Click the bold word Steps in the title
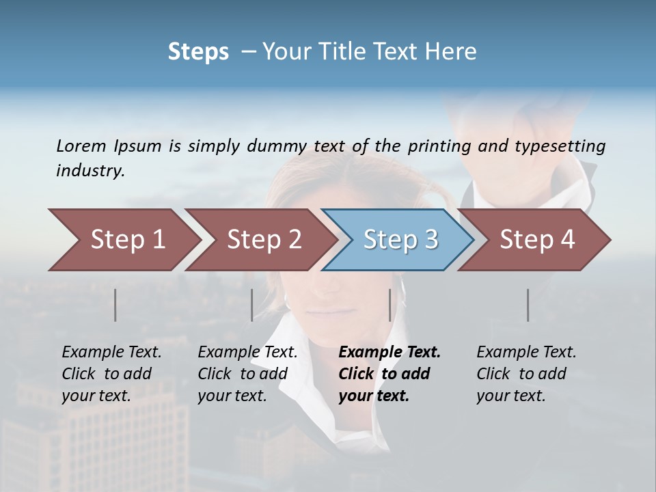pos(198,51)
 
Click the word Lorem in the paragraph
pos(81,146)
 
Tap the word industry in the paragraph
pos(90,170)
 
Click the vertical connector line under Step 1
pos(115,305)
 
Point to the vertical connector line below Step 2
pos(252,305)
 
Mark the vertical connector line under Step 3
pos(389,305)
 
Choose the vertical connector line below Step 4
pos(528,305)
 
